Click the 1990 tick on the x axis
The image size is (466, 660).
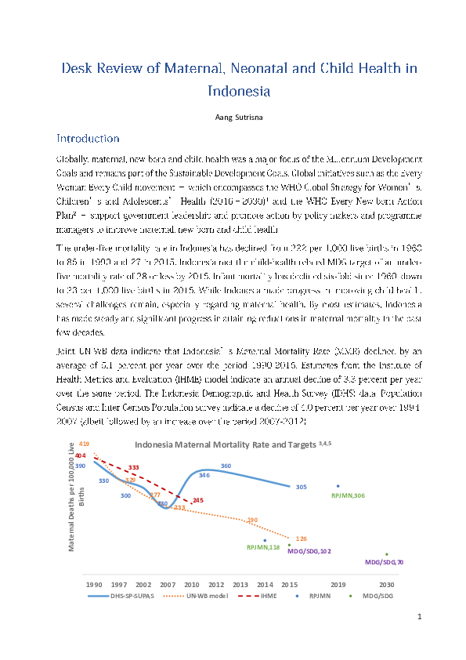[94, 585]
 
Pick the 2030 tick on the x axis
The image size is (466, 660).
[386, 585]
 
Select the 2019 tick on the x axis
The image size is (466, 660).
[338, 585]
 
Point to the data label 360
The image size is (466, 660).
[226, 466]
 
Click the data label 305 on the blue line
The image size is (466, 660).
[301, 487]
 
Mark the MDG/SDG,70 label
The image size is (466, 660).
[385, 562]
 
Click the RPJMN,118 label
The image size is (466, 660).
[263, 547]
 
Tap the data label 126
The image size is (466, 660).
[301, 539]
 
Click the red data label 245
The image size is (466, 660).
[197, 500]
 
